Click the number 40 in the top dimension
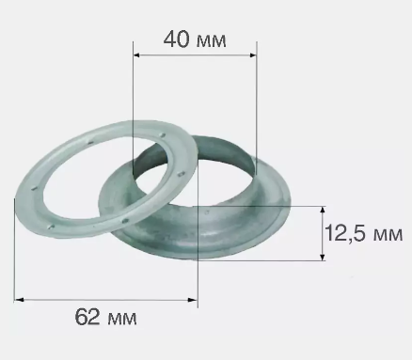coord(177,39)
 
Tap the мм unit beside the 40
coord(212,41)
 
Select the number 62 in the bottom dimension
coord(87,317)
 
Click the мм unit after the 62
coord(122,320)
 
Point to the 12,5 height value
coord(348,233)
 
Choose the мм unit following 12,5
coord(388,235)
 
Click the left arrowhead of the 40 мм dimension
coord(136,55)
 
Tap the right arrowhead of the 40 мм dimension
coord(253,55)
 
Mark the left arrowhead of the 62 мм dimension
coord(19,300)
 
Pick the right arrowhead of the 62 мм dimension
coord(193,300)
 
